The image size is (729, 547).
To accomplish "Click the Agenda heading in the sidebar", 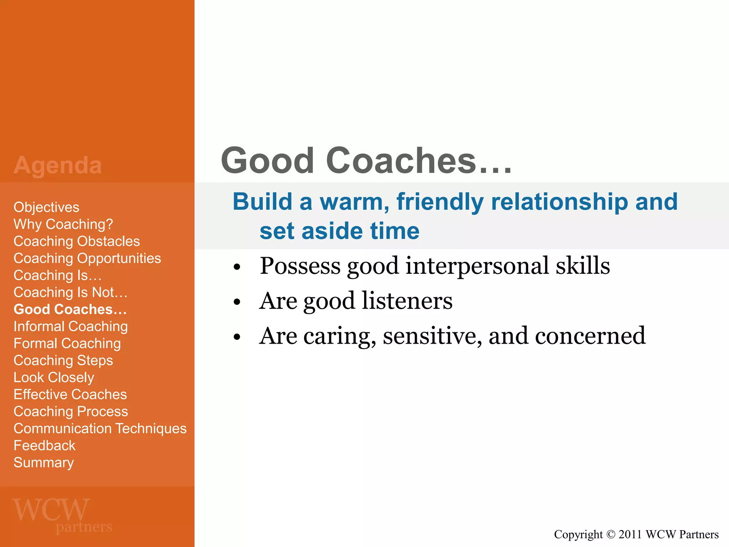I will (58, 165).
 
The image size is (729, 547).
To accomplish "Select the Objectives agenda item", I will (46, 207).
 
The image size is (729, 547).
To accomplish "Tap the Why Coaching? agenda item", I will (63, 224).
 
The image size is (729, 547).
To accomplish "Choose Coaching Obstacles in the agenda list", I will (77, 241).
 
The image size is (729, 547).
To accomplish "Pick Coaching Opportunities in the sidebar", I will (87, 258).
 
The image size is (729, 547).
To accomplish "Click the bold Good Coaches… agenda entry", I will (70, 309).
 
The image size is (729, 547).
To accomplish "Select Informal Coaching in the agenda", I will (70, 326).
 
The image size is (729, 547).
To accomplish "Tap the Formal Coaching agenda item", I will (67, 344).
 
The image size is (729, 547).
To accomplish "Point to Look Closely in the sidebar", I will (54, 377).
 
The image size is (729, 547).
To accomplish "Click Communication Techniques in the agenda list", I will (100, 428).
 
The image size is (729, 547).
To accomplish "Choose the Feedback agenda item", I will (44, 446).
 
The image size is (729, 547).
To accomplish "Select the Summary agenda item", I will (43, 463).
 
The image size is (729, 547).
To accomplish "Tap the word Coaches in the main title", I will (401, 161).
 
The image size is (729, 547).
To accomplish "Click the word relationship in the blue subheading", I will (559, 202).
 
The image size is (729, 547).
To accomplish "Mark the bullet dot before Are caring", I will (237, 337).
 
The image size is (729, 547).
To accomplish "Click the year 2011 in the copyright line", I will (630, 535).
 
